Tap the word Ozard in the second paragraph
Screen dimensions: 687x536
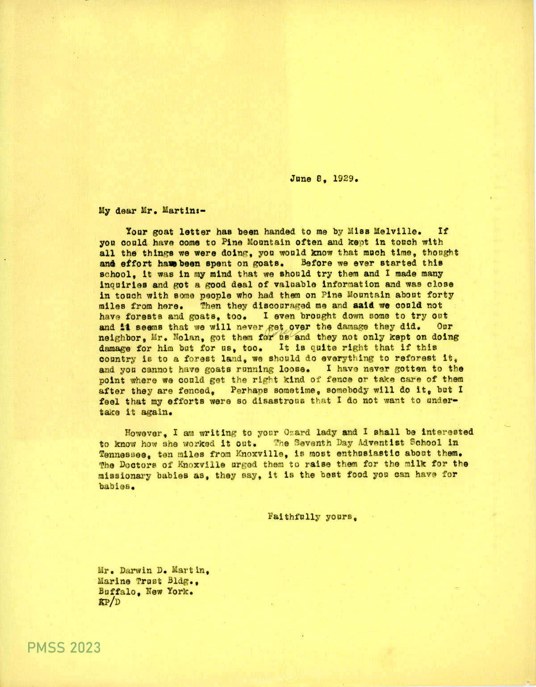297,432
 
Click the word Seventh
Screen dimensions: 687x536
312,443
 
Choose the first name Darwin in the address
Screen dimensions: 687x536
137,570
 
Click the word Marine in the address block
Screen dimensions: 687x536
114,581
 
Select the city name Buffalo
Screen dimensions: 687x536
117,592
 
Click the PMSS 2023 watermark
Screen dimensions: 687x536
64,647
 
